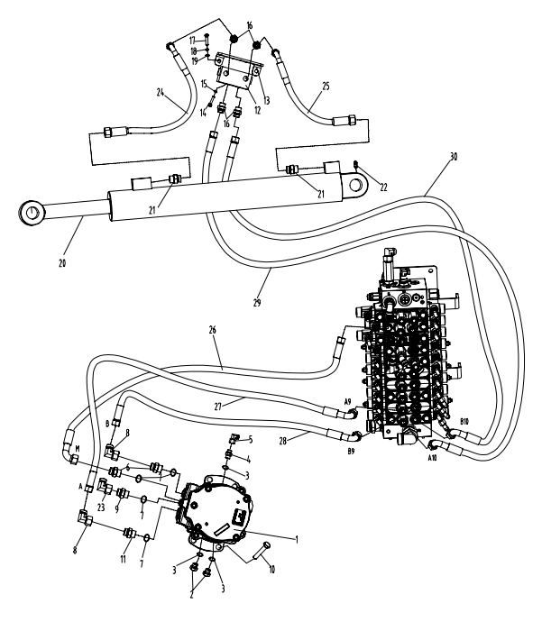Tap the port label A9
(x=346, y=402)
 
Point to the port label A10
(x=432, y=458)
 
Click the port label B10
(x=464, y=421)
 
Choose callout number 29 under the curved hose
(x=257, y=304)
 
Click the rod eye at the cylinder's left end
(x=33, y=213)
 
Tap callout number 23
(x=101, y=508)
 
